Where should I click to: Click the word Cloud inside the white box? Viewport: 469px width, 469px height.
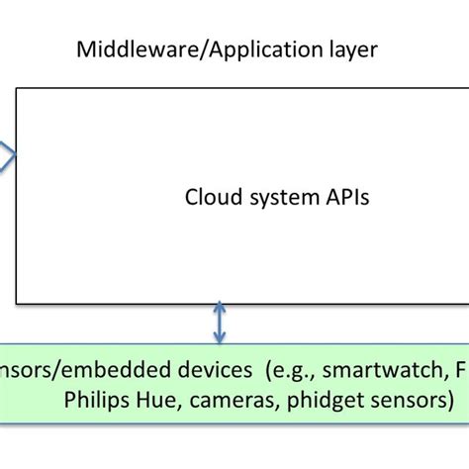211,197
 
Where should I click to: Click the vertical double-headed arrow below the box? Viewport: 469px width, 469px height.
220,324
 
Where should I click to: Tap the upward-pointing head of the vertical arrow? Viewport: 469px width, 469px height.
220,310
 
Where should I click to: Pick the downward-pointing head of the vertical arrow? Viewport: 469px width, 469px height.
220,337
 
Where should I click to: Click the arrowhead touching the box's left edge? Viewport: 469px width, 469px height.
8,155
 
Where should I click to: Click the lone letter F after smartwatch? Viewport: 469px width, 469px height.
460,370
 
